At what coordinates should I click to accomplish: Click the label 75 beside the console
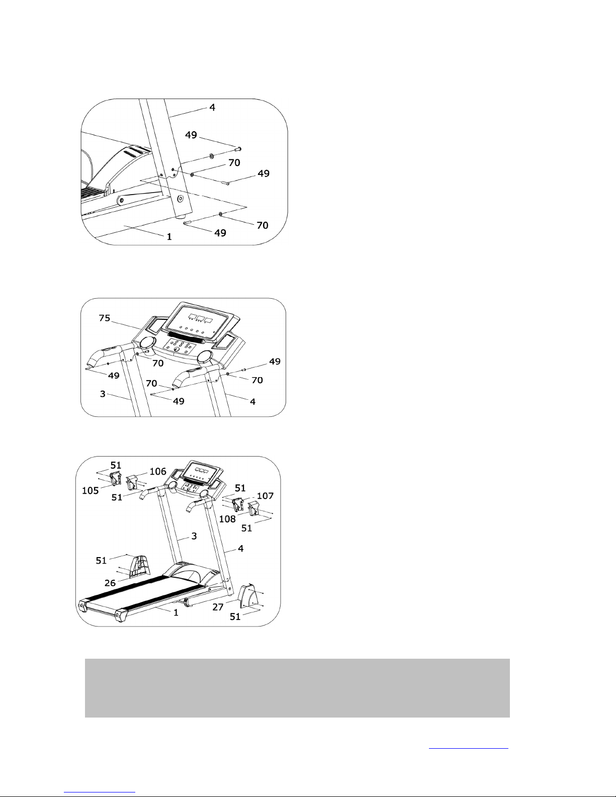coord(105,318)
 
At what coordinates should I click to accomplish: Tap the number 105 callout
coord(90,491)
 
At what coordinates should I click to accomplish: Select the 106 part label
coord(158,471)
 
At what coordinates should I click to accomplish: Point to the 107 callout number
coord(265,496)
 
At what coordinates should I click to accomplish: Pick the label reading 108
coord(227,519)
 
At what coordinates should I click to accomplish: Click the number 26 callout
coord(110,583)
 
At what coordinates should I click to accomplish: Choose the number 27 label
coord(218,607)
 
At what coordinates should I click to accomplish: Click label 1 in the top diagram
coord(169,237)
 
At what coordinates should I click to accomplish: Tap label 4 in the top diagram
coord(212,108)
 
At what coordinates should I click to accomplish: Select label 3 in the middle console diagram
coord(103,394)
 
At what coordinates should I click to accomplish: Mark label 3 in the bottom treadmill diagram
coord(194,536)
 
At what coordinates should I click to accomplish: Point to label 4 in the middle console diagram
coord(252,402)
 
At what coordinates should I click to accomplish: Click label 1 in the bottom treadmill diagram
coord(175,612)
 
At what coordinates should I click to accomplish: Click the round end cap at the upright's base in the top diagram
coord(180,199)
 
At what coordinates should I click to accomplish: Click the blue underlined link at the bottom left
coord(100,789)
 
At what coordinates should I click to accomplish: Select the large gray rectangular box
coord(297,688)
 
